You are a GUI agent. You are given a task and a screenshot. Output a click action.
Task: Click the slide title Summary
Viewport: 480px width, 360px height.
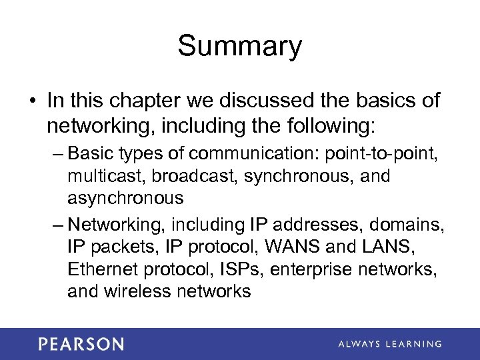click(240, 47)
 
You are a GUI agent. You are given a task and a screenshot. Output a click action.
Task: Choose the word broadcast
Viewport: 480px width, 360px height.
click(198, 177)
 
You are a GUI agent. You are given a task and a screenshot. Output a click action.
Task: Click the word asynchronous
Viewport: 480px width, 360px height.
click(125, 199)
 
